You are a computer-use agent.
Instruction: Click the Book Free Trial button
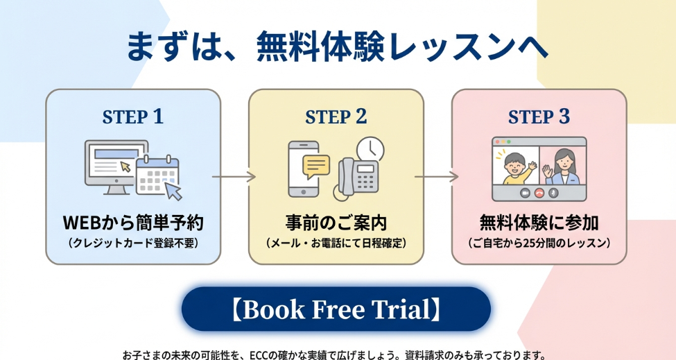[x=336, y=309]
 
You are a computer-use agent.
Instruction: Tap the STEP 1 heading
[x=133, y=117]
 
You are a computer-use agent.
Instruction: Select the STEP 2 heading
[x=336, y=117]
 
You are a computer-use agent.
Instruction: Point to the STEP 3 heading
[x=539, y=117]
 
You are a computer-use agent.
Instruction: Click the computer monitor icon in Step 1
[x=114, y=162]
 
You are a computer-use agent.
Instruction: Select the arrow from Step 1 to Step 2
[x=234, y=177]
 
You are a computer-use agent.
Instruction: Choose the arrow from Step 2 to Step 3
[x=437, y=177]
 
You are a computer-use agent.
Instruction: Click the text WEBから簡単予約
[x=133, y=223]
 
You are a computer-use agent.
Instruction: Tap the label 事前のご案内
[x=336, y=223]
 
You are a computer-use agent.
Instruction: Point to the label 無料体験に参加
[x=539, y=223]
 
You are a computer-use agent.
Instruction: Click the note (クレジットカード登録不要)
[x=133, y=243]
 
